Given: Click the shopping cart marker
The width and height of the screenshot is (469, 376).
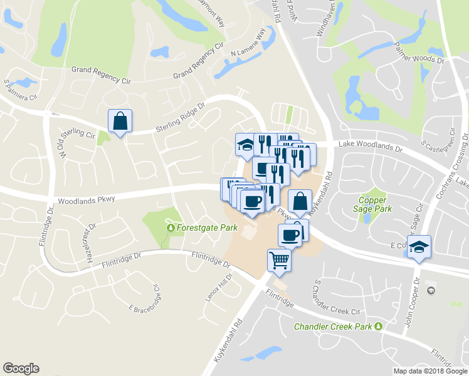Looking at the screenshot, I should coord(279,259).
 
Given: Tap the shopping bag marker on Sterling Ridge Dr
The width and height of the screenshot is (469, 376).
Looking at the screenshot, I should coord(119,120).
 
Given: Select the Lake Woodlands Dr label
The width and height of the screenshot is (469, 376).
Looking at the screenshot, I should coord(369,147).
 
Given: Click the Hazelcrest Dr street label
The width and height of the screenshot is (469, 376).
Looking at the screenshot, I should coord(88,242).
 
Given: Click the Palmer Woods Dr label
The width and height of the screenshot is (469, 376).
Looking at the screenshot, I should coord(419,55).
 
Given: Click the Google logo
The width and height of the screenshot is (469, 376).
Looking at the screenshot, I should coord(21,368).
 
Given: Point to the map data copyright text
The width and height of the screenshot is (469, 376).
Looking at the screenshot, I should coord(430,371).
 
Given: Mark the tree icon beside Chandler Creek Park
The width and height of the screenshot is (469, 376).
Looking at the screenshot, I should coord(378,326).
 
